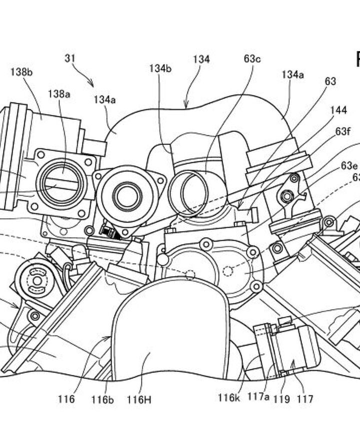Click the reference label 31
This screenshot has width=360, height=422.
tap(70, 58)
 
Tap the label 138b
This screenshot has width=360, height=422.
tap(21, 72)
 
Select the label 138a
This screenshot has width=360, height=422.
tap(59, 93)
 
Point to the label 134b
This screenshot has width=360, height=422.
tap(160, 69)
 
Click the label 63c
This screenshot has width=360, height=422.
tap(252, 59)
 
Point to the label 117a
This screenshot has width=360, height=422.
tap(258, 398)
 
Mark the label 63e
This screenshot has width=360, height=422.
tap(349, 166)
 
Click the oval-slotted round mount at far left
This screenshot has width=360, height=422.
tap(36, 280)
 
